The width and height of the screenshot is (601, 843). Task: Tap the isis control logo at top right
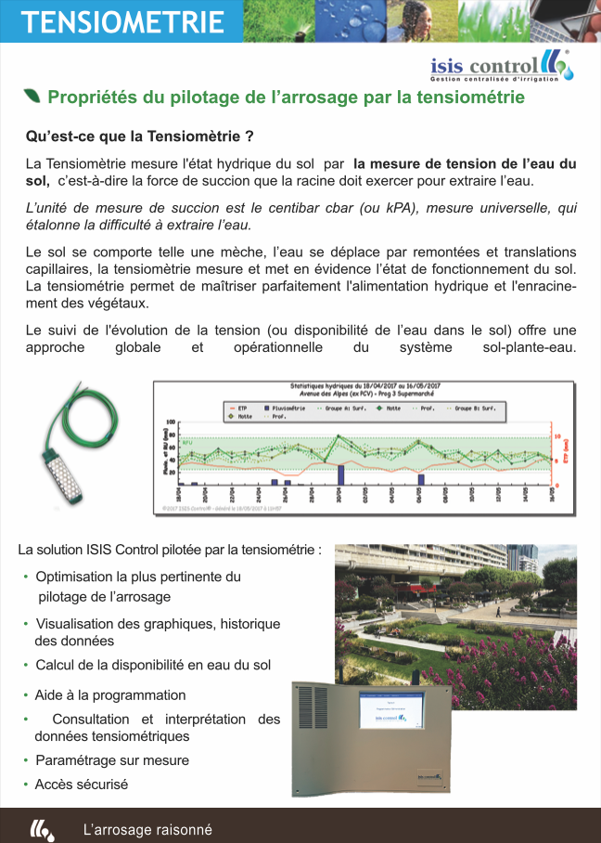tap(502, 66)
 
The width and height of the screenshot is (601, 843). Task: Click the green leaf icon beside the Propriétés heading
tap(32, 97)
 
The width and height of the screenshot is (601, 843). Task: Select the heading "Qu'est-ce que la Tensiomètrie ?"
tap(140, 136)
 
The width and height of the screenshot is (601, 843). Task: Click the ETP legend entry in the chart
tap(237, 408)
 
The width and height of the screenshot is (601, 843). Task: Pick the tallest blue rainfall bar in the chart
tap(340, 474)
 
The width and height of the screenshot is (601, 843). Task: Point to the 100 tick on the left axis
tap(170, 422)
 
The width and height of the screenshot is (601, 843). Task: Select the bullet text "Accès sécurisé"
tap(82, 785)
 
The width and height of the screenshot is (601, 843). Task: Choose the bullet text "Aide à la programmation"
tap(110, 695)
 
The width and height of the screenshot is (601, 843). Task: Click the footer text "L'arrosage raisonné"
tap(147, 830)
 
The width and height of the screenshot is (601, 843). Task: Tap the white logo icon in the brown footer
tap(42, 829)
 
